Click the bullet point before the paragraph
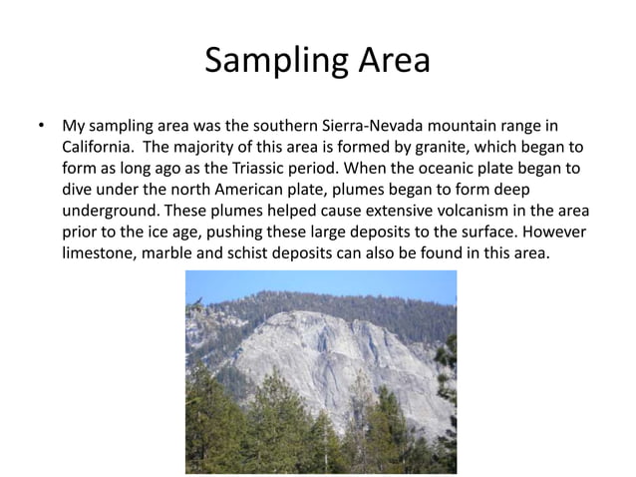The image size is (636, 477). tap(40, 127)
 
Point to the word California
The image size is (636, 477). tap(100, 148)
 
